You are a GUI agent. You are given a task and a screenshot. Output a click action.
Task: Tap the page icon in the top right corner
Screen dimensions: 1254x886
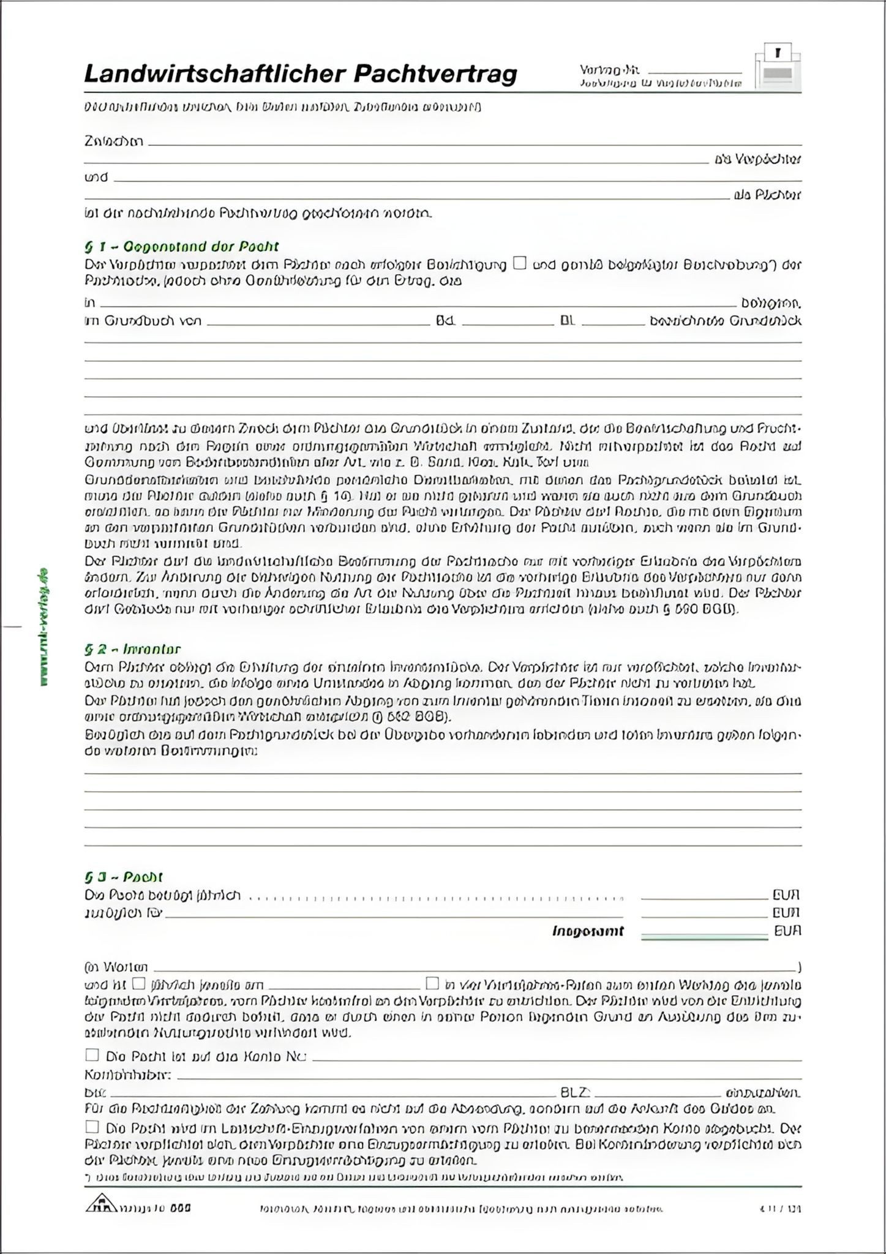point(778,67)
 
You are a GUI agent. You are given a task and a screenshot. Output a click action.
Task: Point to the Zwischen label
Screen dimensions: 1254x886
point(114,141)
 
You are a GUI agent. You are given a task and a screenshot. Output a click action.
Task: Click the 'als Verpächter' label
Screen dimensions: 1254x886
point(757,160)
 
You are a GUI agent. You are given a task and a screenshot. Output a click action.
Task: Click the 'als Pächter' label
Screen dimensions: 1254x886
point(767,195)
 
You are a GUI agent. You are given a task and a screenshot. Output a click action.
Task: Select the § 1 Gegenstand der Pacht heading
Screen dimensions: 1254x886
point(181,247)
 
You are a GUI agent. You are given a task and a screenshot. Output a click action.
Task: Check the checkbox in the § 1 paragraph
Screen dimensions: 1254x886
point(520,263)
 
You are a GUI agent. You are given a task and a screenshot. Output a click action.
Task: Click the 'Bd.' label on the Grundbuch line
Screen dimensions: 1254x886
point(445,321)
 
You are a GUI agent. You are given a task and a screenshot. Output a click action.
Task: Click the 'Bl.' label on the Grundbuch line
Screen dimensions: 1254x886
point(568,321)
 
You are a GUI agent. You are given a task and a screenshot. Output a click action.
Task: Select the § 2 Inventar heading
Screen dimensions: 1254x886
point(132,649)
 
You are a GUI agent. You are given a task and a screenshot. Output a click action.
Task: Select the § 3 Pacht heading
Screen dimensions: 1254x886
point(124,877)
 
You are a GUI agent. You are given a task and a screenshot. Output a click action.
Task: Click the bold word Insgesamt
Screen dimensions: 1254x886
point(588,931)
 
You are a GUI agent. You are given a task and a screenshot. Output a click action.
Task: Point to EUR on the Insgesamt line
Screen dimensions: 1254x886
point(787,931)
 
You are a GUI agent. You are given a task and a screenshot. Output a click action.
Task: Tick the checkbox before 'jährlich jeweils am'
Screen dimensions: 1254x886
point(139,983)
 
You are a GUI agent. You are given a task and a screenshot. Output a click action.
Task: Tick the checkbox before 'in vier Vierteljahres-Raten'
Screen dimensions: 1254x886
point(432,983)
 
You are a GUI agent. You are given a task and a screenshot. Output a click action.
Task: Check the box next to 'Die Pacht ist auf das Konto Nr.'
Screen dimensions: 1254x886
point(92,1054)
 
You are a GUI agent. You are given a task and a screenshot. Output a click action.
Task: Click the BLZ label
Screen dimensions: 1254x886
point(575,1092)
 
